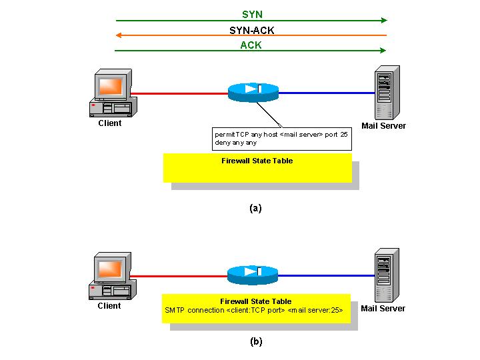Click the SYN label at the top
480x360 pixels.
pos(251,14)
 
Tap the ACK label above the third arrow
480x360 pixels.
pos(251,45)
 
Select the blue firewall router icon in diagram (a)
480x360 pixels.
pos(253,92)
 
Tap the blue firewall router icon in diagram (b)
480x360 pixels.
pos(253,275)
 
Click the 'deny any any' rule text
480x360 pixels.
pos(235,143)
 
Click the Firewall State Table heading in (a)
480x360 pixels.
pos(257,161)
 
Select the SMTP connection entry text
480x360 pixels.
pos(253,311)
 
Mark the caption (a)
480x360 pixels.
pos(255,208)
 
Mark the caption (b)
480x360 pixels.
pos(256,341)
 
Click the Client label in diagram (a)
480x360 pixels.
pos(110,123)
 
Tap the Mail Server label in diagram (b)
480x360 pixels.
pos(383,309)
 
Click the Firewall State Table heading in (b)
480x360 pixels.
pos(255,301)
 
